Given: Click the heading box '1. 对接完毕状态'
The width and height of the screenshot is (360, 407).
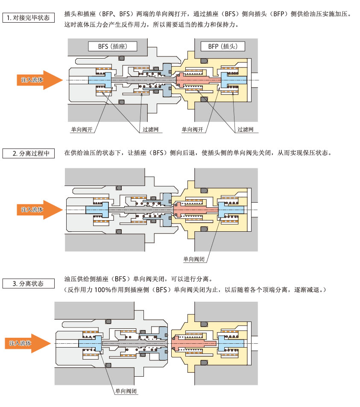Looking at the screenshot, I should (x=29, y=18).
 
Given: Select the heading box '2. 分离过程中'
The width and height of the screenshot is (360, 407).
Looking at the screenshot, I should (x=29, y=153).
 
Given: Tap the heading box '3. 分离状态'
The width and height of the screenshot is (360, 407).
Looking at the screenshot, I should (x=29, y=283).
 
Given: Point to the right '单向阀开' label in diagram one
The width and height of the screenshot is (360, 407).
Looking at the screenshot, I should (x=192, y=129).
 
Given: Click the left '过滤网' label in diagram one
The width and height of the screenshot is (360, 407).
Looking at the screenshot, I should (x=150, y=129).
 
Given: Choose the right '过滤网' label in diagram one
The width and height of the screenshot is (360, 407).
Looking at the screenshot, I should (x=245, y=129).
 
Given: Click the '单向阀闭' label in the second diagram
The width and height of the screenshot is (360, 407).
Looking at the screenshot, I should (x=194, y=259).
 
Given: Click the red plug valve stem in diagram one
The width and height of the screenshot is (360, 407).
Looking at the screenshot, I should (x=196, y=80).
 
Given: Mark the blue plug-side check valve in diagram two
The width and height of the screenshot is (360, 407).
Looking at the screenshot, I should (x=231, y=209).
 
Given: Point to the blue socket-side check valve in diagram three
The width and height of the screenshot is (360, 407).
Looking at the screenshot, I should (x=90, y=343).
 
